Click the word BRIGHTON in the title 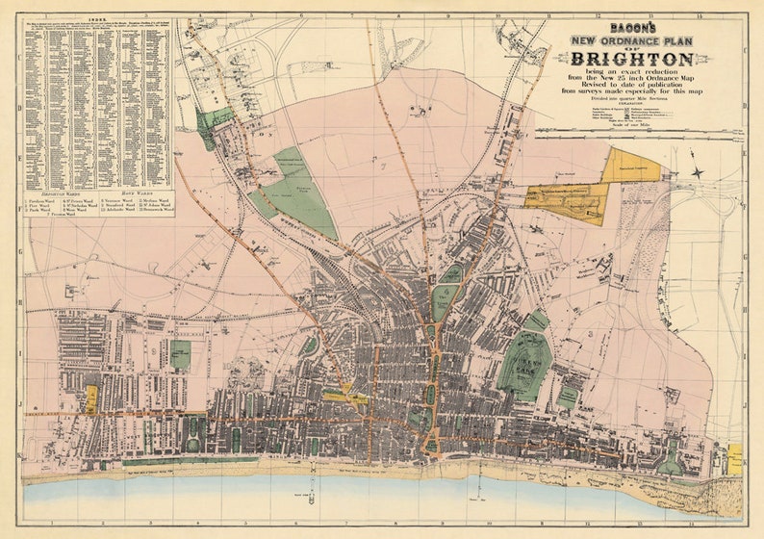pos(633,61)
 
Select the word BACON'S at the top pos(633,28)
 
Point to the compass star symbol pos(697,173)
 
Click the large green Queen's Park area pos(524,366)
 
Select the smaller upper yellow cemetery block pos(630,166)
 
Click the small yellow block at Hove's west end pos(91,398)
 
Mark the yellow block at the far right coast pos(734,458)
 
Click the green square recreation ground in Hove pos(180,353)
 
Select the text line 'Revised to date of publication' pos(633,85)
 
